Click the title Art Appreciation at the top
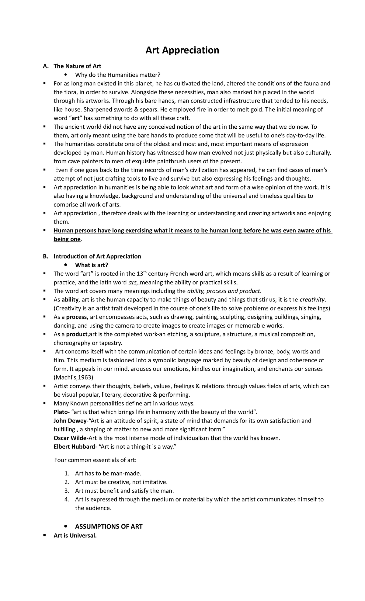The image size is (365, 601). [x=182, y=50]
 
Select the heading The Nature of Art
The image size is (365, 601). [x=77, y=66]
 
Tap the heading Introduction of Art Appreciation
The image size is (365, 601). [x=97, y=256]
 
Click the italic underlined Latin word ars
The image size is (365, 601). [x=133, y=282]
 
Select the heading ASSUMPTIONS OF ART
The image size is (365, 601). [x=109, y=526]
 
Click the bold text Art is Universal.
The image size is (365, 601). [x=75, y=536]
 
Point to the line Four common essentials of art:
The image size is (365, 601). [x=96, y=460]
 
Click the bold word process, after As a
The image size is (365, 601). [x=77, y=317]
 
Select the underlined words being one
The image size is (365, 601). [x=67, y=239]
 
